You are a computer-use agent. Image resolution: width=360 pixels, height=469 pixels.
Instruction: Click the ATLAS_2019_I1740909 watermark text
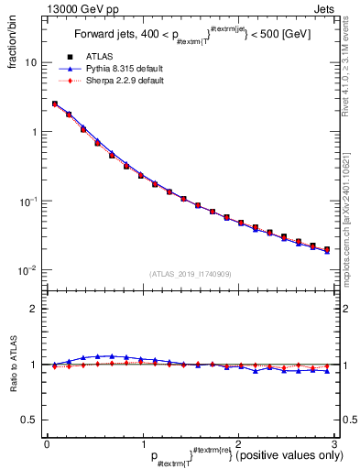click(190, 274)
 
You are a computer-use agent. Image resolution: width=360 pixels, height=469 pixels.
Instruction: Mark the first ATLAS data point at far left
click(55, 104)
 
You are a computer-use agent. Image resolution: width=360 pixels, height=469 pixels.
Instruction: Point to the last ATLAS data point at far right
click(327, 249)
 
